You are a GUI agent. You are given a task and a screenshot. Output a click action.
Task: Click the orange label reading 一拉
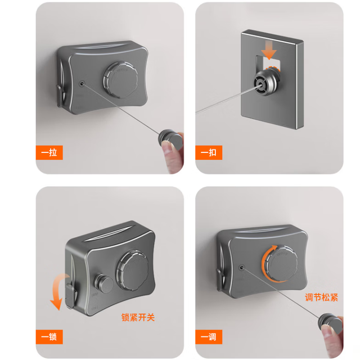pos(49,152)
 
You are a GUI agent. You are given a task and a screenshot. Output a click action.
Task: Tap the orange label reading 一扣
pos(209,152)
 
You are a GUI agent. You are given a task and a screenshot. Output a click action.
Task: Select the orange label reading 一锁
pos(49,337)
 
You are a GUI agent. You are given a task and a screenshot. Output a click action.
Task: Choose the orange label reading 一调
pos(209,337)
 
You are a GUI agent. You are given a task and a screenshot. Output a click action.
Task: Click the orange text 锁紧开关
pos(138,317)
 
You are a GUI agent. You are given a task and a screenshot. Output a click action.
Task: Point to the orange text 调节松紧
pos(321,298)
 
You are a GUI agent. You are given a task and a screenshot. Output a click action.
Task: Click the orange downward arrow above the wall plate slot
pos(269,50)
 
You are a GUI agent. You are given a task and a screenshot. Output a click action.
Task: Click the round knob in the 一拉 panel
pos(121,79)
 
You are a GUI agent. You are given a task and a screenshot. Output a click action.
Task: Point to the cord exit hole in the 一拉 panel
pos(82,84)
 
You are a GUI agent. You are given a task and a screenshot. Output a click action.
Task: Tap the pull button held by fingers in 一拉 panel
pos(170,139)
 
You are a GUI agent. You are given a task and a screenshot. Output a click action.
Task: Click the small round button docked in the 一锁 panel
pos(103,283)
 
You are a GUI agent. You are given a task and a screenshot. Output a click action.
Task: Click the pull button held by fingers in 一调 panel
pos(330,323)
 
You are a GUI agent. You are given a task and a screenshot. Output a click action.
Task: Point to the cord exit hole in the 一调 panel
pos(241,268)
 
